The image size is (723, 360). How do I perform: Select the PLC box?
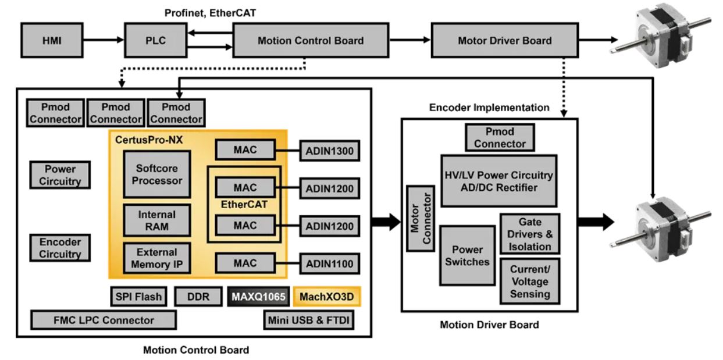click(x=152, y=40)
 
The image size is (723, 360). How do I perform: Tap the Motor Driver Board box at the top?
click(x=504, y=40)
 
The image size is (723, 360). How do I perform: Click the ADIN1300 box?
click(x=330, y=152)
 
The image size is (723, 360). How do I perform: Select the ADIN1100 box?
click(x=330, y=264)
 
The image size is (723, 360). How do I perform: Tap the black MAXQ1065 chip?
click(x=259, y=297)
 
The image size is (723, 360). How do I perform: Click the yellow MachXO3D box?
click(x=327, y=297)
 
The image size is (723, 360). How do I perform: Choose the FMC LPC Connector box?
click(x=104, y=320)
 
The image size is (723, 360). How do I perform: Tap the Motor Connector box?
click(x=418, y=218)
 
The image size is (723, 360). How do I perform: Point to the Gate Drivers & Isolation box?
click(x=530, y=233)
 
